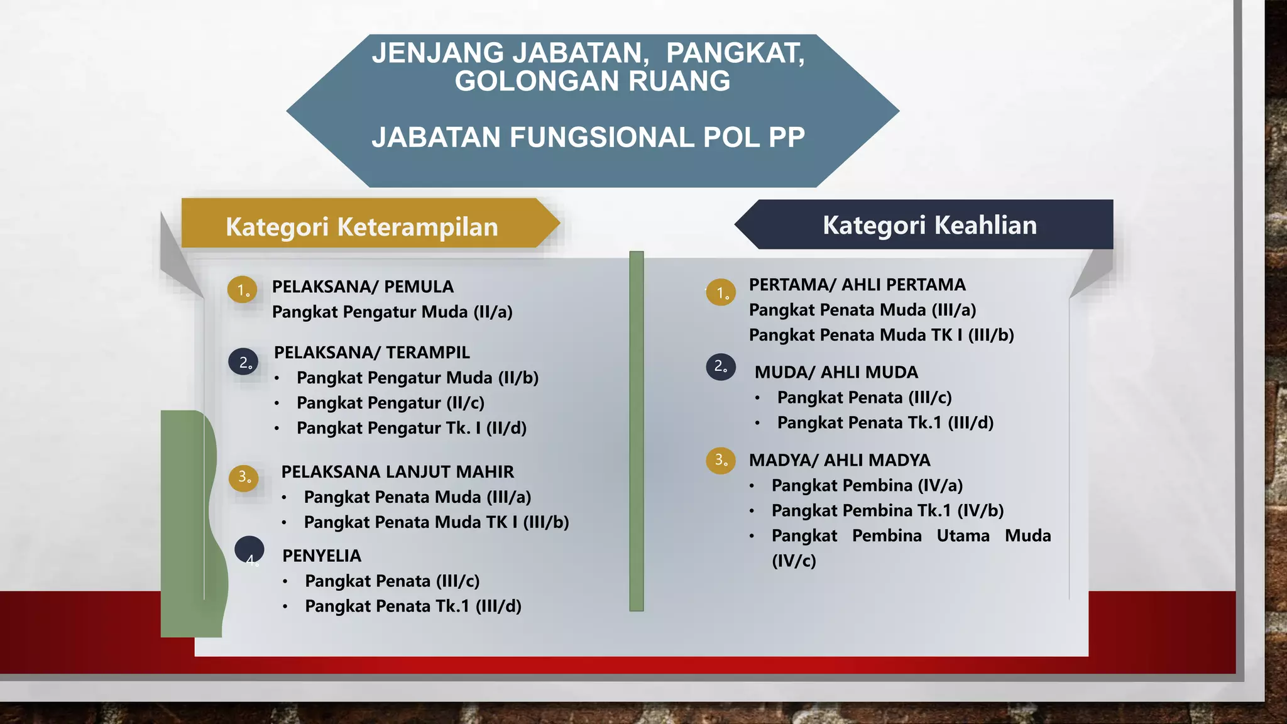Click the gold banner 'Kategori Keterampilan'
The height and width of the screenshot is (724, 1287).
pos(362,226)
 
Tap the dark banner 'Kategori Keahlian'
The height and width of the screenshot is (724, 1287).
pos(929,225)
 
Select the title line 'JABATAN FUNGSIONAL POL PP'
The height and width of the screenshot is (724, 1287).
pos(588,137)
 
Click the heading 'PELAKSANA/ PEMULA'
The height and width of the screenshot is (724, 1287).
pos(363,287)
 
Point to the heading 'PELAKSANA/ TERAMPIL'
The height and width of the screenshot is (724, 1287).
pos(372,353)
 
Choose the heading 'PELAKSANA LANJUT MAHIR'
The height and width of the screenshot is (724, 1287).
pos(397,471)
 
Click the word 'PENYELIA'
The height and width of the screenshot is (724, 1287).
pos(322,556)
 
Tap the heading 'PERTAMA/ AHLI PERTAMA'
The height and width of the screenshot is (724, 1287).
pos(857,285)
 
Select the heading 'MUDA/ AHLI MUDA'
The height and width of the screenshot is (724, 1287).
pos(836,372)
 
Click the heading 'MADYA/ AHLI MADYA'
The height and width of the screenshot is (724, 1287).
pos(840,460)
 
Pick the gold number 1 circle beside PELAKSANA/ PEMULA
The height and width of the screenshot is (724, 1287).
pos(242,290)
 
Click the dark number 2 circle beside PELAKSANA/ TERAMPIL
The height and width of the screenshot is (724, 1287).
pos(244,362)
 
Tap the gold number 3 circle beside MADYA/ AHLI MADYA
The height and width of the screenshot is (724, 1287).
pos(721,460)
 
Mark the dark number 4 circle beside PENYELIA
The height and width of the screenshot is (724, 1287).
pos(249,549)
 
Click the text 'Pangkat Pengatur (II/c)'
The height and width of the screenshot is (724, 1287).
pos(390,403)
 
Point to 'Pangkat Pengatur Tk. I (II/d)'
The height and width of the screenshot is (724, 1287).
pos(412,428)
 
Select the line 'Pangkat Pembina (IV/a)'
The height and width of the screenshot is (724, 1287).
pos(867,485)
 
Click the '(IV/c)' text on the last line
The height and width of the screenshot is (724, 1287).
pos(794,561)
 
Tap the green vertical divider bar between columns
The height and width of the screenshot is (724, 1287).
pos(637,431)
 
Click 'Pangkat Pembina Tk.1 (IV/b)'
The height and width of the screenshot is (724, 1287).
pos(887,510)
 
